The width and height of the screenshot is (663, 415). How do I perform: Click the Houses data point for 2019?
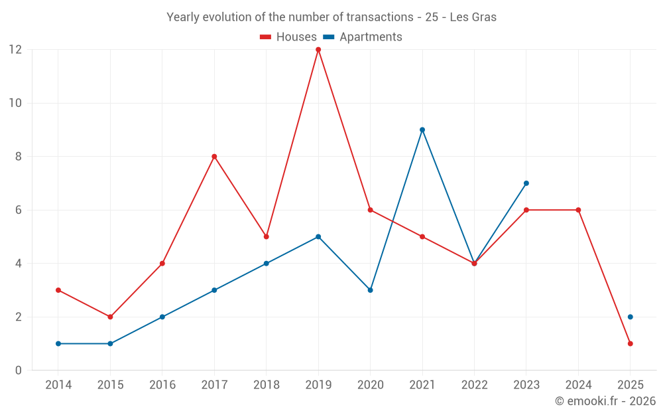[x=318, y=50]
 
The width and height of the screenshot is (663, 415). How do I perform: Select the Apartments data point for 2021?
[x=422, y=130]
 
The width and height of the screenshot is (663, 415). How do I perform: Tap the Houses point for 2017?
[x=214, y=157]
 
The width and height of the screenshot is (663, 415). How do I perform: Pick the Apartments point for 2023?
[x=526, y=183]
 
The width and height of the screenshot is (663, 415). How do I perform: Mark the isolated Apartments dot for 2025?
[x=631, y=317]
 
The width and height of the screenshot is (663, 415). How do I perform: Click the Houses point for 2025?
[x=631, y=343]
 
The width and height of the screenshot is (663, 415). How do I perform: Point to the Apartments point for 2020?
[x=370, y=290]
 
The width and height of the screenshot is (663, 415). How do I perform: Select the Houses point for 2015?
[x=110, y=317]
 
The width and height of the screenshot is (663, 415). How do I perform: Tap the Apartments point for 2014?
[x=58, y=343]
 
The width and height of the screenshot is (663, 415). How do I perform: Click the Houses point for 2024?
[x=578, y=210]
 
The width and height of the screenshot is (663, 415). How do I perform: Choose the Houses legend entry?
[x=288, y=37]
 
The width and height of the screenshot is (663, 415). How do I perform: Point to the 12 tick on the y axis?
[x=15, y=50]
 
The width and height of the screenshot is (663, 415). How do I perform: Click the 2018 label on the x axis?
[x=267, y=385]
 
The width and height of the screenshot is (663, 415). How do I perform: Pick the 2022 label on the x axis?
[x=474, y=385]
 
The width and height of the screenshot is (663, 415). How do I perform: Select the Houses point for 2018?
[x=267, y=236]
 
